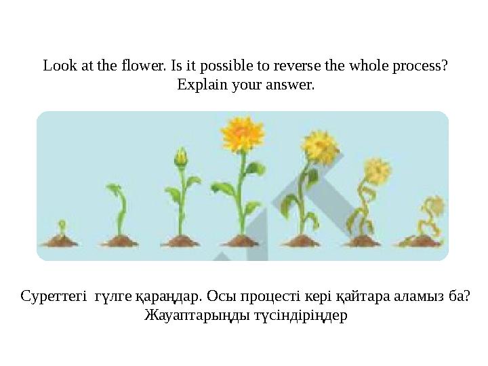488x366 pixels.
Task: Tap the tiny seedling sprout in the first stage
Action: coord(61,225)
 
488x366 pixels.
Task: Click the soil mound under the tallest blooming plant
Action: coord(237,239)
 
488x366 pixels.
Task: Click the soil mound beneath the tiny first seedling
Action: coord(60,239)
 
